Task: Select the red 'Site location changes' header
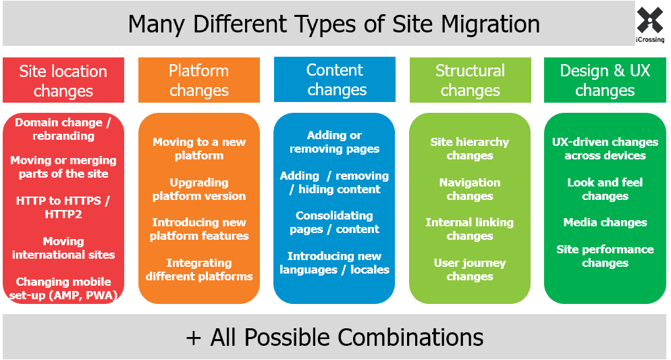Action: [63, 80]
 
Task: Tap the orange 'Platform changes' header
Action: [199, 80]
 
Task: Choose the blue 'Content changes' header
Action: [335, 80]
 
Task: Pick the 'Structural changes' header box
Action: [471, 80]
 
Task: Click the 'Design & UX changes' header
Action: [605, 80]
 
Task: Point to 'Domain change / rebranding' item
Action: [63, 129]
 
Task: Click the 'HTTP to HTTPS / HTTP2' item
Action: [63, 207]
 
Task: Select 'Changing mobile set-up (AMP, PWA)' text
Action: [63, 288]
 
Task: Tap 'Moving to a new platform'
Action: [199, 149]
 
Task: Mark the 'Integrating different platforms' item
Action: [199, 269]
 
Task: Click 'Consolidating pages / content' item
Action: [335, 222]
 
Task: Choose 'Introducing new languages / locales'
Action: [335, 263]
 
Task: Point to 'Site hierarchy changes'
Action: [470, 149]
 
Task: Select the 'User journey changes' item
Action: [470, 269]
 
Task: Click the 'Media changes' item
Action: [605, 222]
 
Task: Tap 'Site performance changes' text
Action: [605, 256]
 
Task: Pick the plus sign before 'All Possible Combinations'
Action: [194, 338]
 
